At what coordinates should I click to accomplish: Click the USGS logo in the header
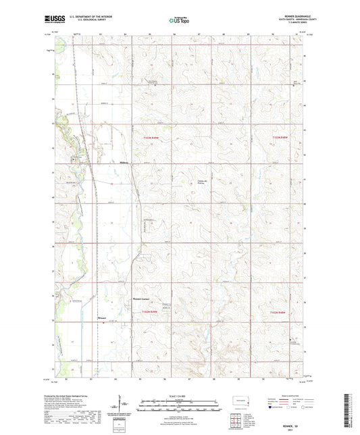coord(51,20)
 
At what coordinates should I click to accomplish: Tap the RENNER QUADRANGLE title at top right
coord(291,16)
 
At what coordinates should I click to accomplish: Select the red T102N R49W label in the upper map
coord(153,138)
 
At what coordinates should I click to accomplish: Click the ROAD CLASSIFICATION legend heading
coord(290,396)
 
